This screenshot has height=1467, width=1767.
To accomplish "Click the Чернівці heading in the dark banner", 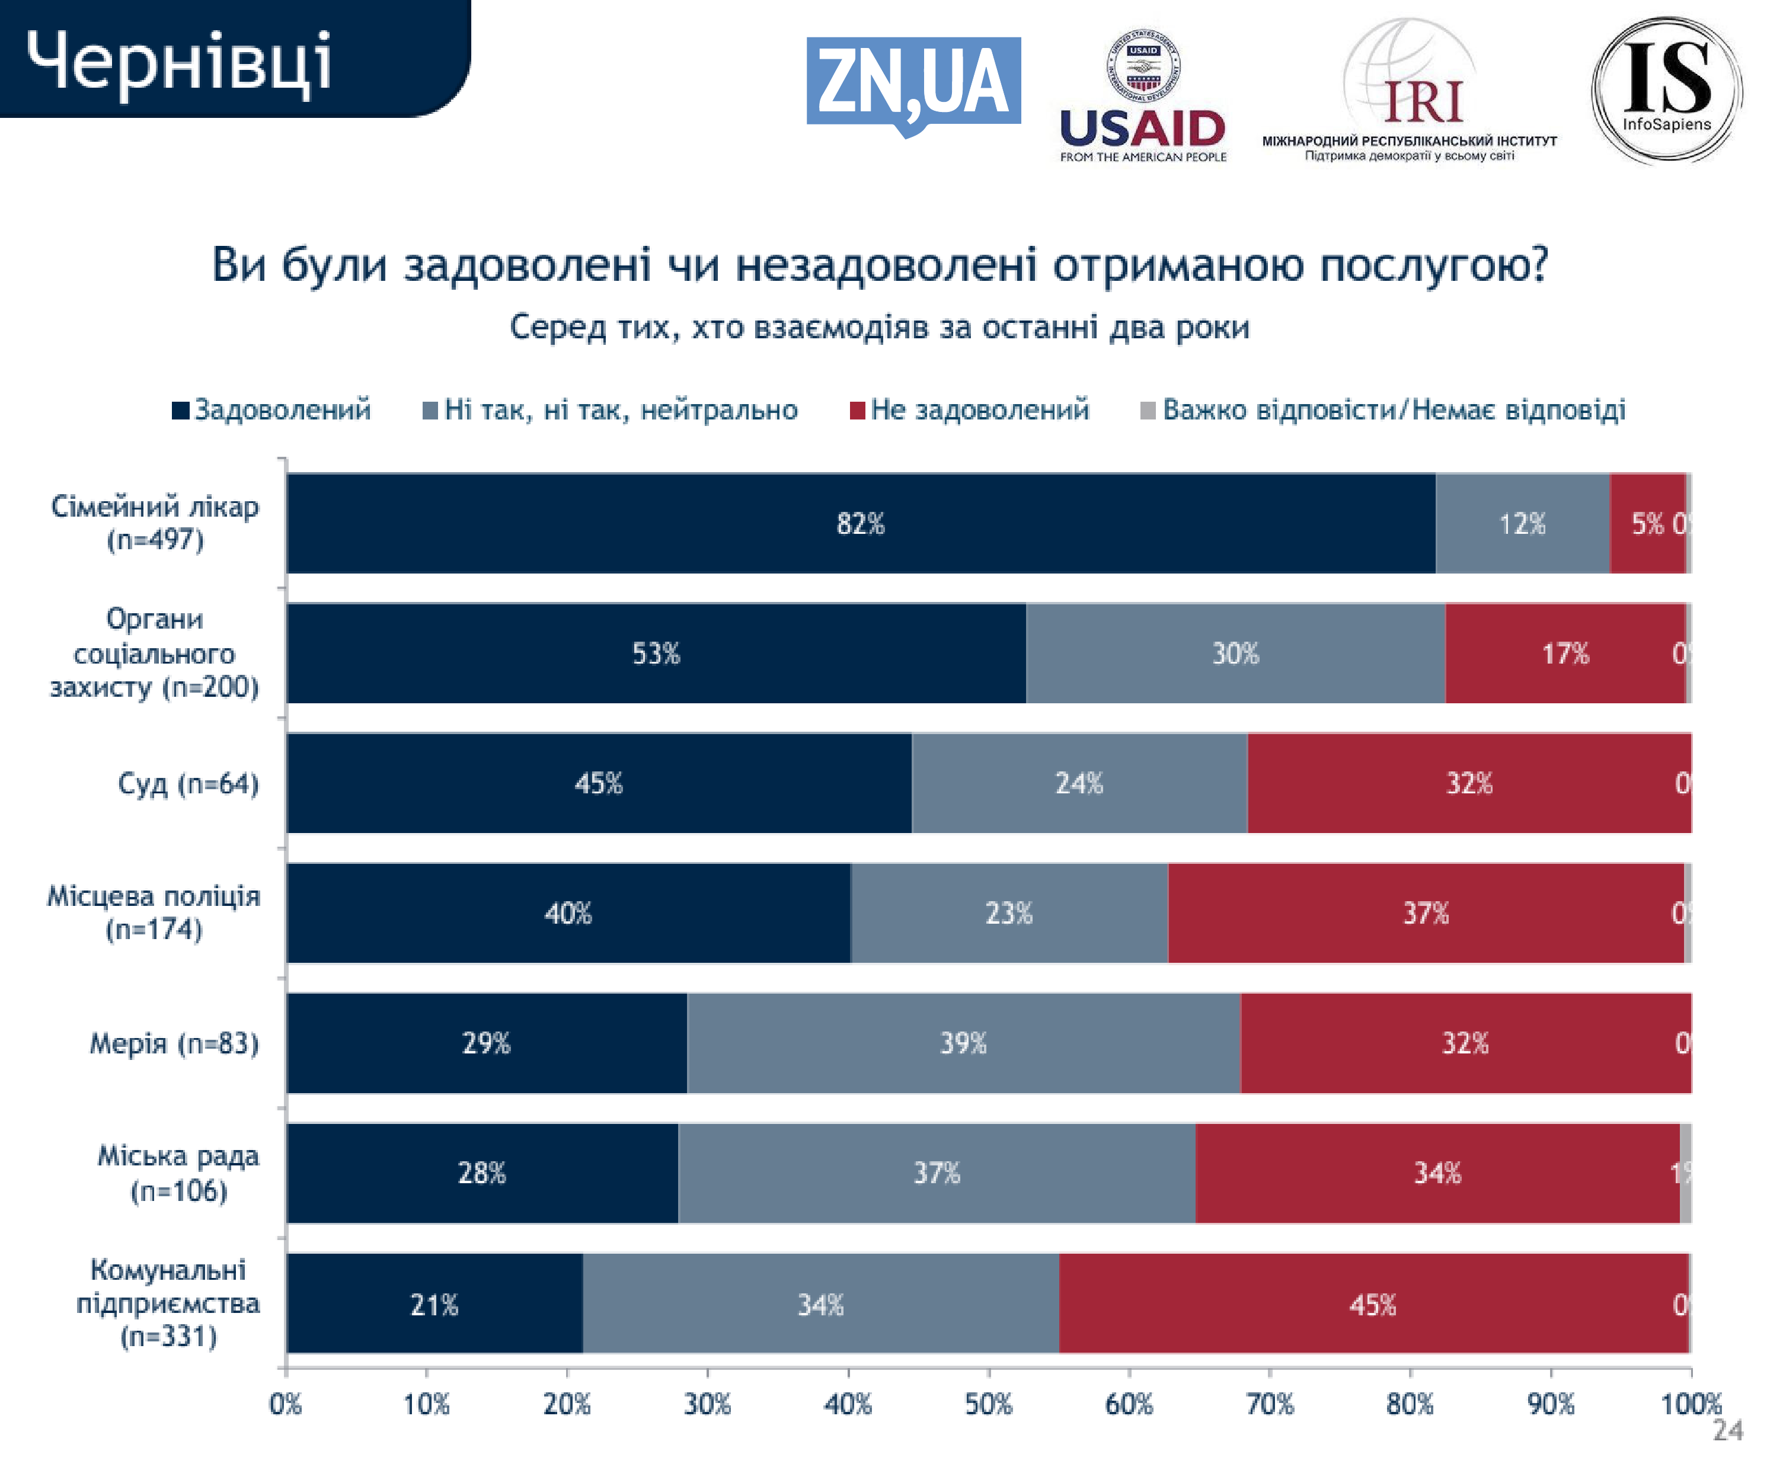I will tap(178, 60).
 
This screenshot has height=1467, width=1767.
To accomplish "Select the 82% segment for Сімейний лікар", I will tap(860, 523).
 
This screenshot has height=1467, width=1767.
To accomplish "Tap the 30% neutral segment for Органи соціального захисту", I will tap(1235, 653).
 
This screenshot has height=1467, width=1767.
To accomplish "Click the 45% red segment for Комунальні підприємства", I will tap(1373, 1304).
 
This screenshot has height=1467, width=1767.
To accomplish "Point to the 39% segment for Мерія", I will tap(963, 1043).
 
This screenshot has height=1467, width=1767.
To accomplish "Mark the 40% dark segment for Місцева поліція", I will tap(568, 912).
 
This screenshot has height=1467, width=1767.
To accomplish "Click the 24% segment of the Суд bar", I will tap(1079, 783).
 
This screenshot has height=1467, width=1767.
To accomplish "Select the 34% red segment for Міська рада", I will tap(1437, 1173).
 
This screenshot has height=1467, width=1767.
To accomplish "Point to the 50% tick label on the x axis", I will tap(988, 1404).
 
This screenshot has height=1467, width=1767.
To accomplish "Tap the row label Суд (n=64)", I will tap(188, 783).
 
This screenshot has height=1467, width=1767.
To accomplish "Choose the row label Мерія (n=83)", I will tap(174, 1043).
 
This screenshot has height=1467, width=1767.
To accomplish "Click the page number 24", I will tap(1727, 1430).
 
